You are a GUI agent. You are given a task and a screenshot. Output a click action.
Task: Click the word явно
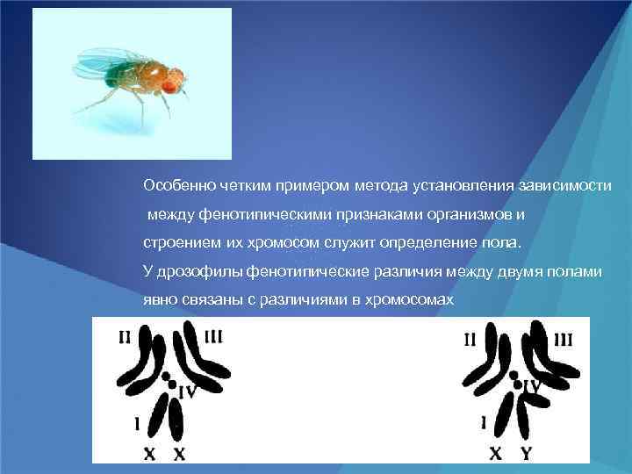(159, 299)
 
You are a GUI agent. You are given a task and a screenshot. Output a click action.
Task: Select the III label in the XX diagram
(213, 337)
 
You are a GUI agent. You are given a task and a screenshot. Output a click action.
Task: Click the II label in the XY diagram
(470, 338)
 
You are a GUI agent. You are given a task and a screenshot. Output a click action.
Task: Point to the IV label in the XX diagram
(187, 391)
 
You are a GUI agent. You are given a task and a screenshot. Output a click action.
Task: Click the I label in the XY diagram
(484, 422)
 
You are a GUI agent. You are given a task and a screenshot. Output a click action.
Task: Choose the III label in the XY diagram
(563, 339)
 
